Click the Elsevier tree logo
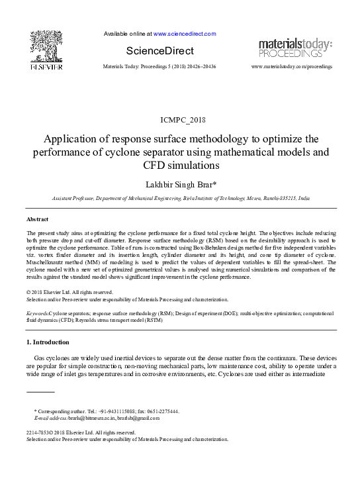pyautogui.click(x=46, y=46)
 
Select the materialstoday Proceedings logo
pyautogui.click(x=295, y=48)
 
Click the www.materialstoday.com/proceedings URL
pyautogui.click(x=292, y=68)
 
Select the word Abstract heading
pyautogui.click(x=37, y=219)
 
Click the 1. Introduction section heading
pyautogui.click(x=47, y=342)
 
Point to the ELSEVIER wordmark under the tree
pyautogui.click(x=46, y=67)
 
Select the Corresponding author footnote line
pyautogui.click(x=106, y=411)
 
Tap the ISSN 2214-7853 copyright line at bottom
pyautogui.click(x=81, y=432)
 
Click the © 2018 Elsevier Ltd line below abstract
pyautogui.click(x=70, y=292)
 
